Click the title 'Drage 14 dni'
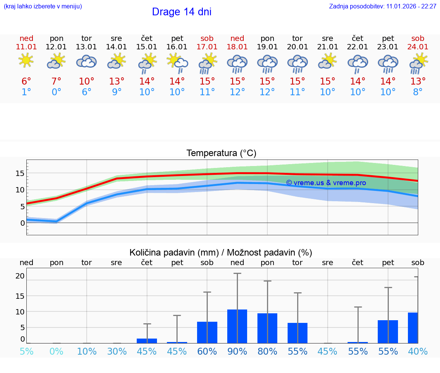181,12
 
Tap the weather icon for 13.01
86,62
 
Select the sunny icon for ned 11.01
26,60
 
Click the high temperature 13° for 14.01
116,81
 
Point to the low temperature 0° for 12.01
56,92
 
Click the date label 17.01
207,47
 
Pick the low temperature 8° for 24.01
418,92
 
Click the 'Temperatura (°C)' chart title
221,153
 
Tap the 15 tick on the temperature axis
20,173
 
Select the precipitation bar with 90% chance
237,326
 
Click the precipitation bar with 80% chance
267,328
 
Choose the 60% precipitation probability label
207,352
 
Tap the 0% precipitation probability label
56,352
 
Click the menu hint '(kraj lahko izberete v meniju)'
43,7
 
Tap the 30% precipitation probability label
116,352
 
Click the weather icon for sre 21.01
327,62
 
